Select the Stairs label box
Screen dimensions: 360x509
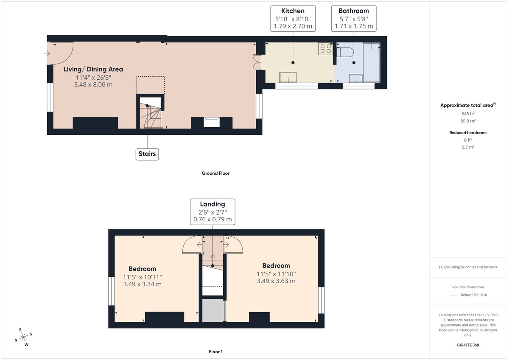pyautogui.click(x=147, y=153)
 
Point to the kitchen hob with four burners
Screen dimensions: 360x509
pyautogui.click(x=326, y=49)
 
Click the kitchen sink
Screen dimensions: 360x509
pyautogui.click(x=288, y=77)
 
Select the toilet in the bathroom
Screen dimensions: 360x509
pyautogui.click(x=345, y=53)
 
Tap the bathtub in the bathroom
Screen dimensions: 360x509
pyautogui.click(x=372, y=62)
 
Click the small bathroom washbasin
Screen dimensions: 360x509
pyautogui.click(x=355, y=78)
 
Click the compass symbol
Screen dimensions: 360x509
pyautogui.click(x=24, y=337)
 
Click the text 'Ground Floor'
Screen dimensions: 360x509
pyautogui.click(x=215, y=173)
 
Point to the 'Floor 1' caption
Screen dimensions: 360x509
pyautogui.click(x=215, y=352)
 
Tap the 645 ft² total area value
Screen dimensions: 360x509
pyautogui.click(x=468, y=114)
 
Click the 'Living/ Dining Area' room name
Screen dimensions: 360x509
pyautogui.click(x=93, y=69)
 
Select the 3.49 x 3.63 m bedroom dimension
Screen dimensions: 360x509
pyautogui.click(x=276, y=281)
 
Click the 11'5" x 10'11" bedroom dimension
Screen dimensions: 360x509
pyautogui.click(x=142, y=277)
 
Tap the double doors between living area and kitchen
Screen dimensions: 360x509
pyautogui.click(x=256, y=62)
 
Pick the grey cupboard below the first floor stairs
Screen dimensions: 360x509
pyautogui.click(x=213, y=310)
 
